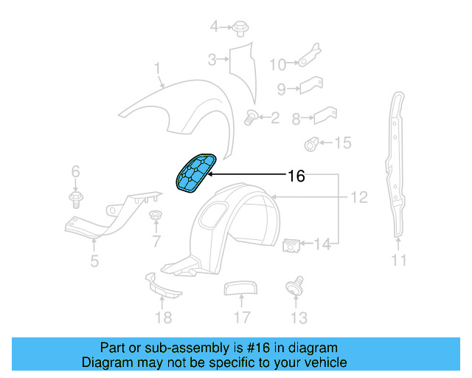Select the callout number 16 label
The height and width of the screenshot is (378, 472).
(x=296, y=176)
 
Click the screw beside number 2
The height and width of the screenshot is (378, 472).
(x=251, y=116)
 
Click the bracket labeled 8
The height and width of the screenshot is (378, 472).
(x=324, y=116)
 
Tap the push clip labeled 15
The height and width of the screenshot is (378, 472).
(x=313, y=142)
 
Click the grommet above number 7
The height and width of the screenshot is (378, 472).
(x=156, y=216)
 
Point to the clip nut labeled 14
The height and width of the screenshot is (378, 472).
(x=291, y=244)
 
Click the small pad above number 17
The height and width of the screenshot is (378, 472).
(x=238, y=288)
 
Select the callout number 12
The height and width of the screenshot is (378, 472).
(x=358, y=197)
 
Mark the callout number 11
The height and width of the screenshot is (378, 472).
(x=399, y=260)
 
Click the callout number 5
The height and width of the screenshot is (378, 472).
(x=94, y=260)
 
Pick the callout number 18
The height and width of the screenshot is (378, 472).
(x=163, y=317)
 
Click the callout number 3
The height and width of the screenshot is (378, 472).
(x=211, y=60)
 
